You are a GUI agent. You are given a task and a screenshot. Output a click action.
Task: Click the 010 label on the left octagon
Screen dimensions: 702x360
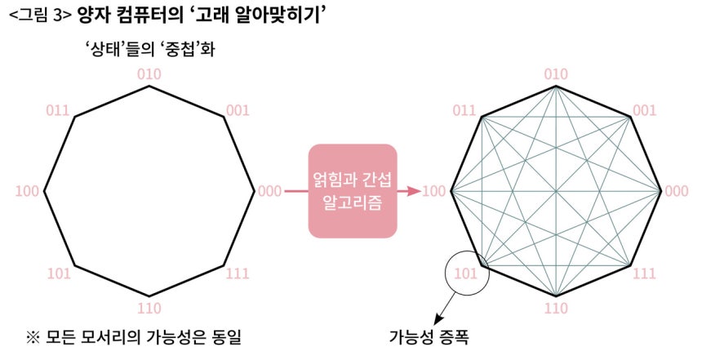(x=149, y=74)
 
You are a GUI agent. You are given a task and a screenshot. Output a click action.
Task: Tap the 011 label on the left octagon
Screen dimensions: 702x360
(x=58, y=110)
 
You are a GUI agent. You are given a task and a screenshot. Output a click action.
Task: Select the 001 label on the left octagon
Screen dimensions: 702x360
(x=238, y=110)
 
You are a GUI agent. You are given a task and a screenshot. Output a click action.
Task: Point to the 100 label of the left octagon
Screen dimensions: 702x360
(x=27, y=191)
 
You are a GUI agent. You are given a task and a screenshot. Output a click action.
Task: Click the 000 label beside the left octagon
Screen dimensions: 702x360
(x=270, y=191)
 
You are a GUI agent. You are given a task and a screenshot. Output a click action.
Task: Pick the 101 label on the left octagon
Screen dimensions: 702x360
(x=59, y=273)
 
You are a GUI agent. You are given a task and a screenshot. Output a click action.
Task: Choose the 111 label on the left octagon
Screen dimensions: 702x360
(x=238, y=273)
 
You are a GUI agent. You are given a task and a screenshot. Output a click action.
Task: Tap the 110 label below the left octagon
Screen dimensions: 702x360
(x=149, y=308)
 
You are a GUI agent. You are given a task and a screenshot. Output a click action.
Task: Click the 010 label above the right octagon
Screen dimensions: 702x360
(x=556, y=74)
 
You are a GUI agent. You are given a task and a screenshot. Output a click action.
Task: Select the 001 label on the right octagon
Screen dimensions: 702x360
(x=645, y=110)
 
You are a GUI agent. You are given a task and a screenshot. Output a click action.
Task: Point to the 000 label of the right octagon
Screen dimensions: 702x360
(x=677, y=191)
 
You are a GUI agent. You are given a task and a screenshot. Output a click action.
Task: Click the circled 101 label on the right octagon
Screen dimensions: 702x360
(x=465, y=273)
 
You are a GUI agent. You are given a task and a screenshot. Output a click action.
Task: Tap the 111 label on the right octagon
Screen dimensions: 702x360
(x=644, y=273)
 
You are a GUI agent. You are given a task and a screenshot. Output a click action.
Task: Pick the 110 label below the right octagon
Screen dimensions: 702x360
(x=556, y=308)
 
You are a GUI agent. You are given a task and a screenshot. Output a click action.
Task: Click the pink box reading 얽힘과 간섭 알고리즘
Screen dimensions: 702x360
(x=353, y=191)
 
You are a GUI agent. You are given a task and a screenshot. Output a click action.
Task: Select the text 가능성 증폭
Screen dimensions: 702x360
(x=429, y=336)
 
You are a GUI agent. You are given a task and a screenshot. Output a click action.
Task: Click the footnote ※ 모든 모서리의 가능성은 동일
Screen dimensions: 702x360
(x=133, y=336)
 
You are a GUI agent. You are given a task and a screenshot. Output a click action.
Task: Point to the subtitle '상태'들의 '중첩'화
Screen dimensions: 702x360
(x=149, y=48)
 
